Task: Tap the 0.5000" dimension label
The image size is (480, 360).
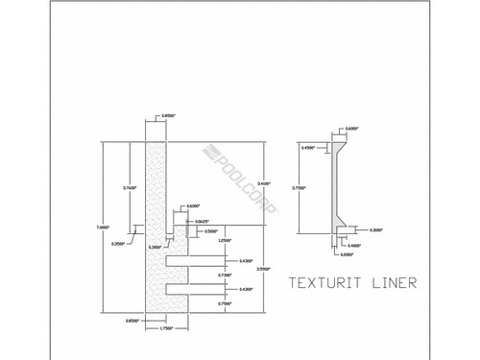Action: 210,231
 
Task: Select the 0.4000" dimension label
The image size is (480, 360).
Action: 354,244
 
